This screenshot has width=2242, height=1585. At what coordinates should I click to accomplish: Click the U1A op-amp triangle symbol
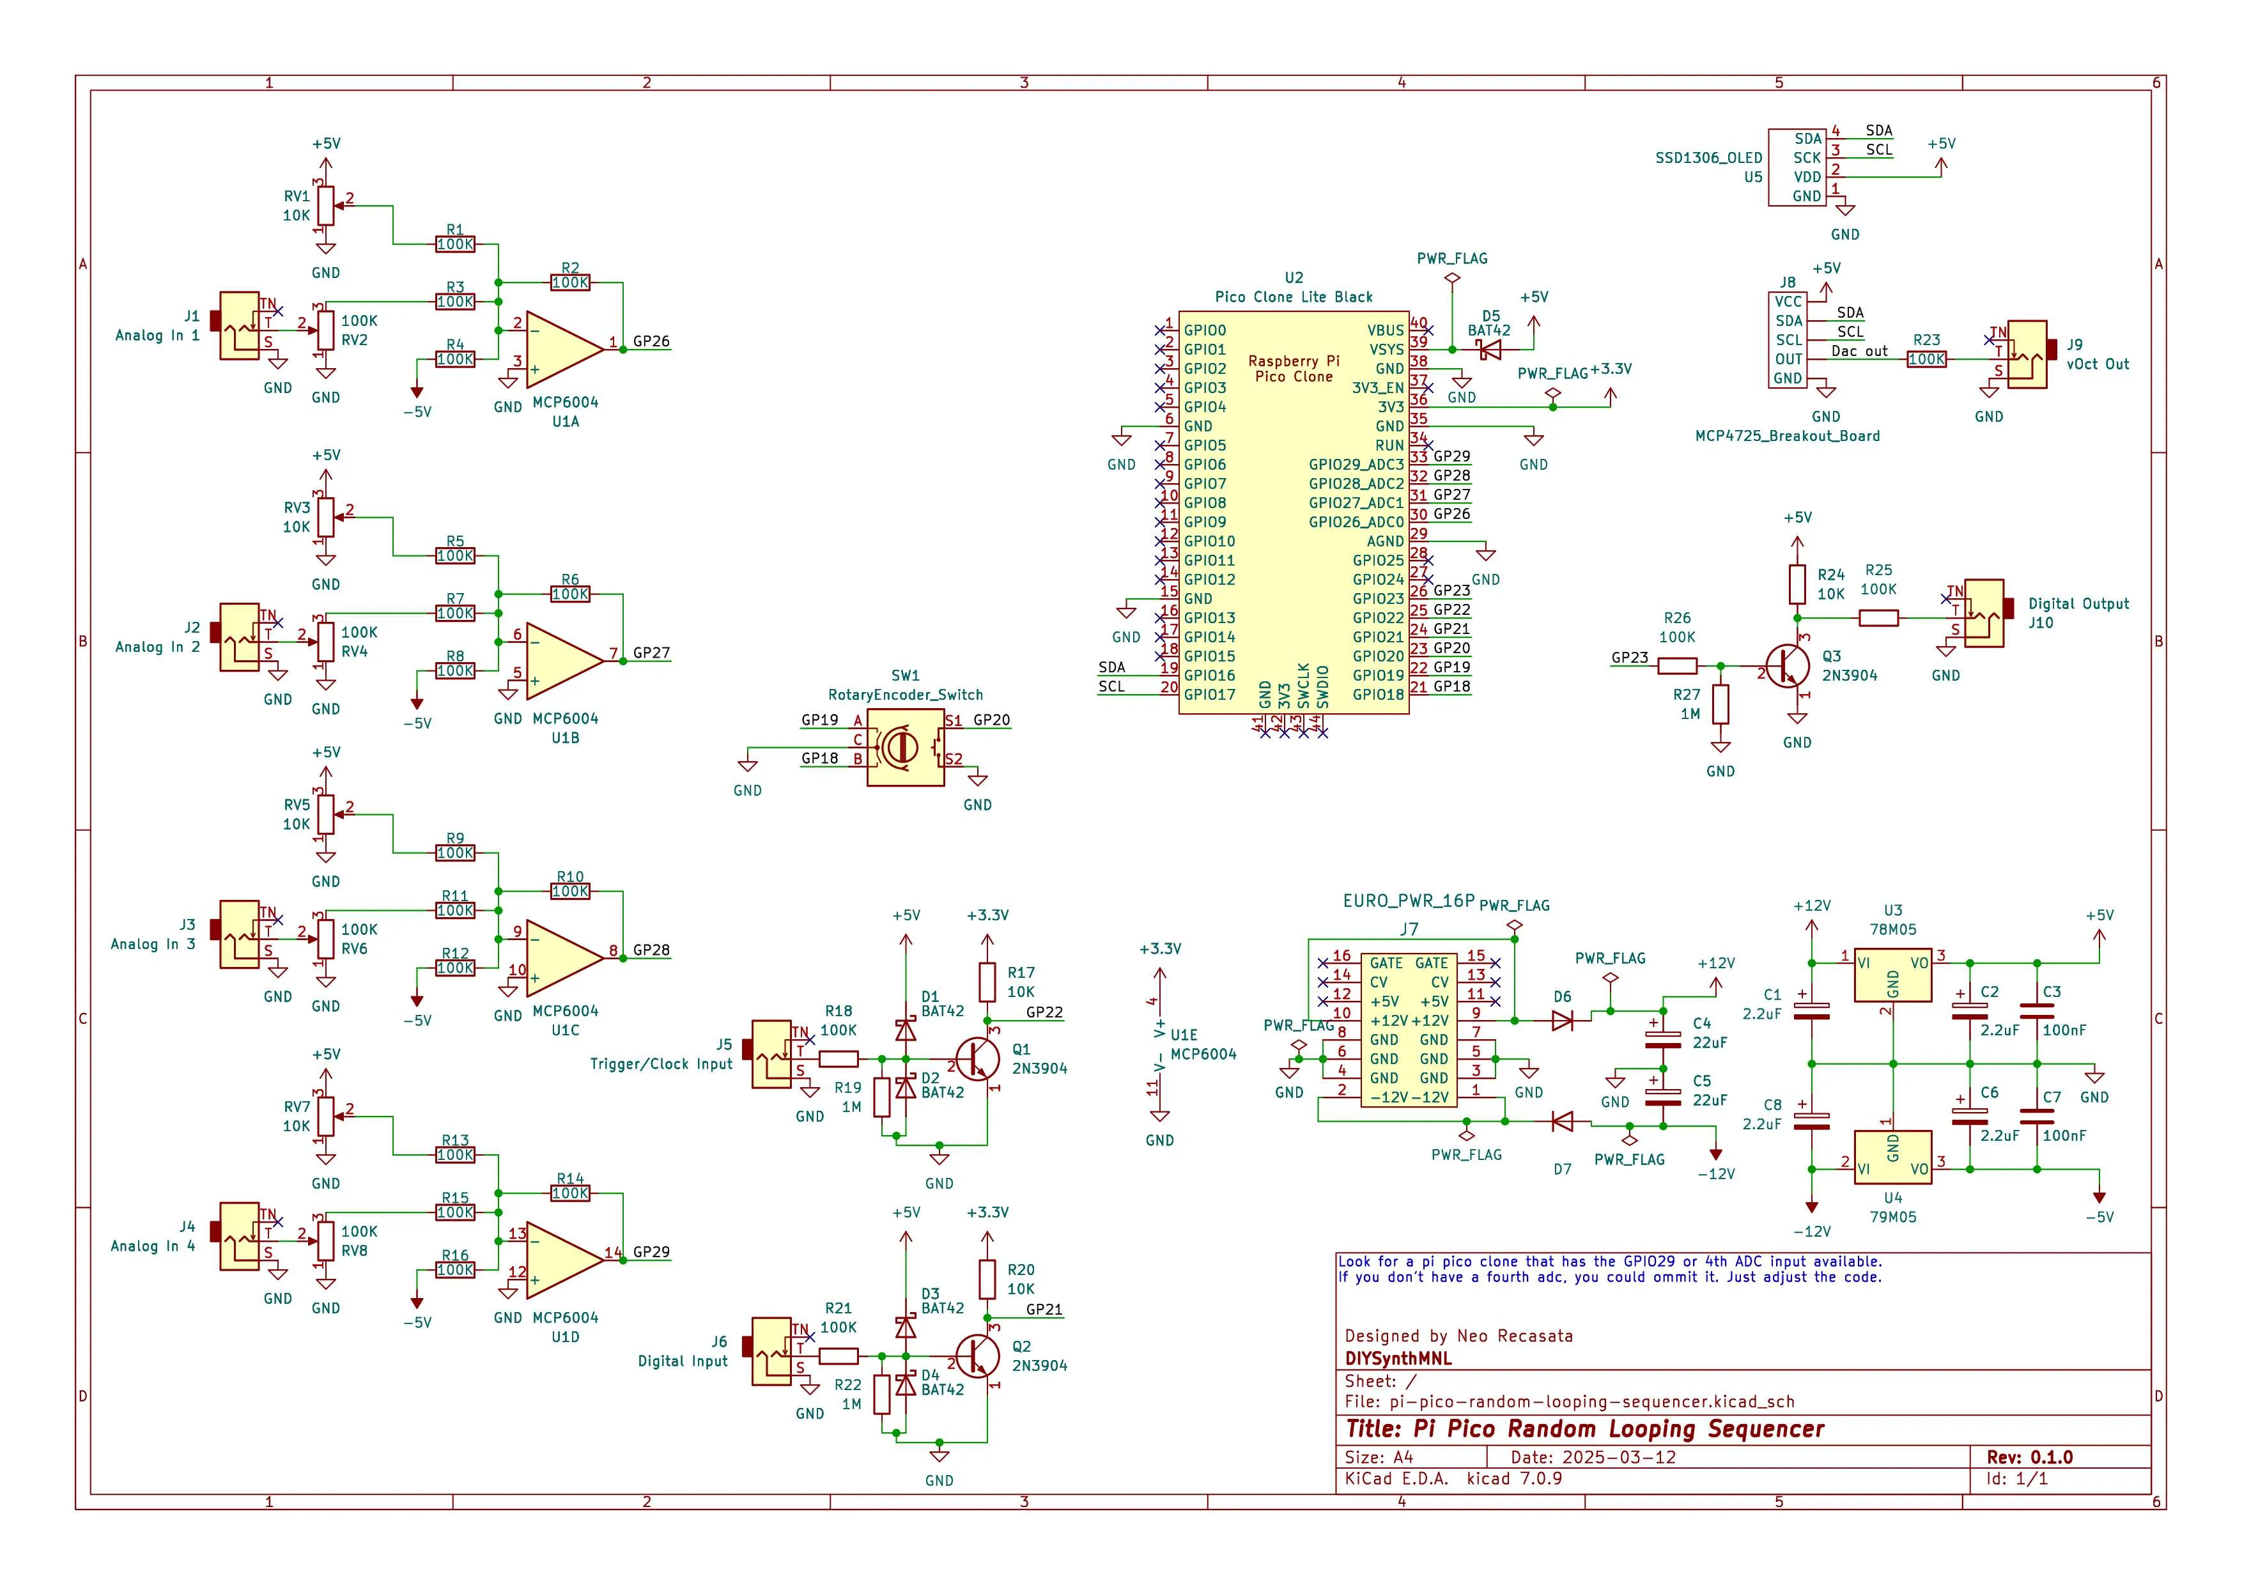(x=562, y=350)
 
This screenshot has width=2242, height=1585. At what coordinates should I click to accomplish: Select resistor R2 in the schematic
(x=570, y=282)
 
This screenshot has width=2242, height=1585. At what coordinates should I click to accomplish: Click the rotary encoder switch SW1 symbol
(x=905, y=747)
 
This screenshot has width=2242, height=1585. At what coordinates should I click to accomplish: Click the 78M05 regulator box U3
(x=1892, y=975)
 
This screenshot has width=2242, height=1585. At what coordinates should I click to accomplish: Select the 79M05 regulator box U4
(x=1892, y=1157)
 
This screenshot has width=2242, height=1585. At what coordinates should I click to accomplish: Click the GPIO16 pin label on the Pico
(x=1209, y=675)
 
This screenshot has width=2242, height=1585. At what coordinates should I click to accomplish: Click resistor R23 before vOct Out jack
(x=1926, y=359)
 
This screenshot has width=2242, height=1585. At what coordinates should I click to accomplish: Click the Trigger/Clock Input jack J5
(x=771, y=1054)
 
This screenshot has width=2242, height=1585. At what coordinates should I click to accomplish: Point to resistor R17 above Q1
(x=987, y=982)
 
